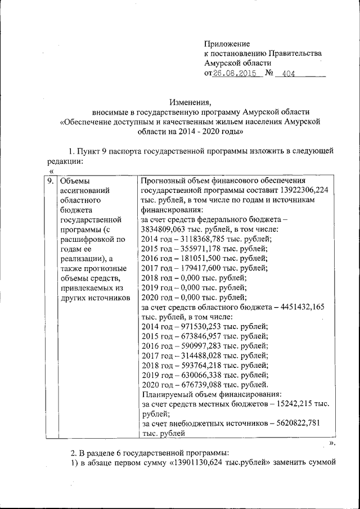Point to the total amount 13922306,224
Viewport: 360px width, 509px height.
pyautogui.click(x=300, y=191)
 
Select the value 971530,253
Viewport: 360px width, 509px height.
pyautogui.click(x=198, y=327)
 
